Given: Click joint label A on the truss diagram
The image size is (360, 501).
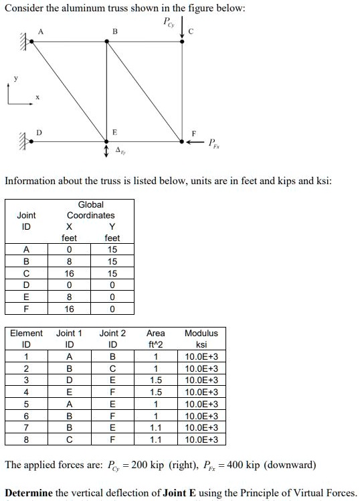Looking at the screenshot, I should click(x=41, y=31).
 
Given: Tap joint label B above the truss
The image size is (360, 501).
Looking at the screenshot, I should click(x=114, y=31).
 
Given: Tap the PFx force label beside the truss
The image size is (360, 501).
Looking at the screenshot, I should click(x=213, y=143).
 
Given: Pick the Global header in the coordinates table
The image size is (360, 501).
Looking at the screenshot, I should click(x=91, y=204).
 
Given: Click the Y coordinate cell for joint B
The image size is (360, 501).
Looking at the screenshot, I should click(x=112, y=262).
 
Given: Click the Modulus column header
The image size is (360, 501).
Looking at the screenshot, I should click(x=201, y=333).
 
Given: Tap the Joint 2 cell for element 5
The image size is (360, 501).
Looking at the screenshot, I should click(x=112, y=404).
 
